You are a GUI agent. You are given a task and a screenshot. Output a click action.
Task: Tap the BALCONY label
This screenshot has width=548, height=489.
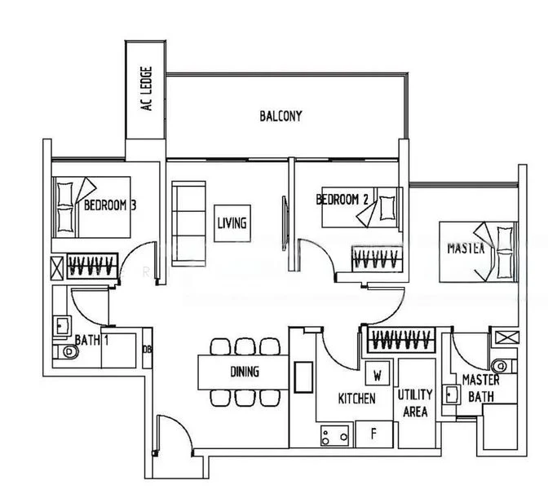281,117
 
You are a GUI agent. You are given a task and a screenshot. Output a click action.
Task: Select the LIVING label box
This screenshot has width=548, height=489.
232,222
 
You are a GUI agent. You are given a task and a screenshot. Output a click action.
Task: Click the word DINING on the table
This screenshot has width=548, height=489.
245,372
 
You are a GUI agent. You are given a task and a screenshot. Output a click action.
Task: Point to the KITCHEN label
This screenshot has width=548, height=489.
357,399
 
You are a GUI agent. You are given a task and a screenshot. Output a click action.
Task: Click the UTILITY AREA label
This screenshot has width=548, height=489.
415,403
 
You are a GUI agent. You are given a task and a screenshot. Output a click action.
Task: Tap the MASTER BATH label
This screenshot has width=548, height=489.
480,388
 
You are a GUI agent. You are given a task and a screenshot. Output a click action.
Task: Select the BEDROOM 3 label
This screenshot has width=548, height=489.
109,205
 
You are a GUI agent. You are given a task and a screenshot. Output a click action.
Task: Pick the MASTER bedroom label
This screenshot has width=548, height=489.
466,248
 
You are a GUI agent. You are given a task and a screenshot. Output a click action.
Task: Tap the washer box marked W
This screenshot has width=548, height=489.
378,376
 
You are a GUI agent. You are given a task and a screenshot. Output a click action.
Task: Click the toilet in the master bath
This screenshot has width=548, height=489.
501,364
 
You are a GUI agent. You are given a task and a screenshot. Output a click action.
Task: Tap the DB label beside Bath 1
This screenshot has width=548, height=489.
147,350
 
